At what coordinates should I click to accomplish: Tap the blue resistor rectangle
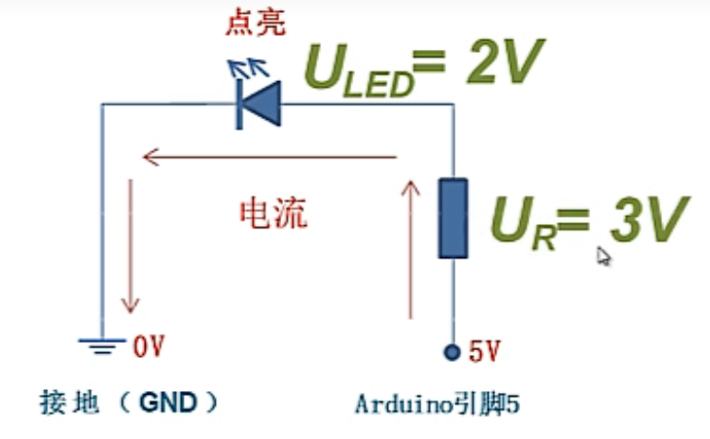pos(452,219)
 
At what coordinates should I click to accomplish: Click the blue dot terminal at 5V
pos(452,351)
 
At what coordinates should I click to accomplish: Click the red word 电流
pos(273,214)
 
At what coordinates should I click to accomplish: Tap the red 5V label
pos(484,350)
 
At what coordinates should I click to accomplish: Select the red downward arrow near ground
pos(130,245)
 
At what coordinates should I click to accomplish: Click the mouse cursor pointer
pos(603,255)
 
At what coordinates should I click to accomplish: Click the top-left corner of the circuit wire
pos(101,104)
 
